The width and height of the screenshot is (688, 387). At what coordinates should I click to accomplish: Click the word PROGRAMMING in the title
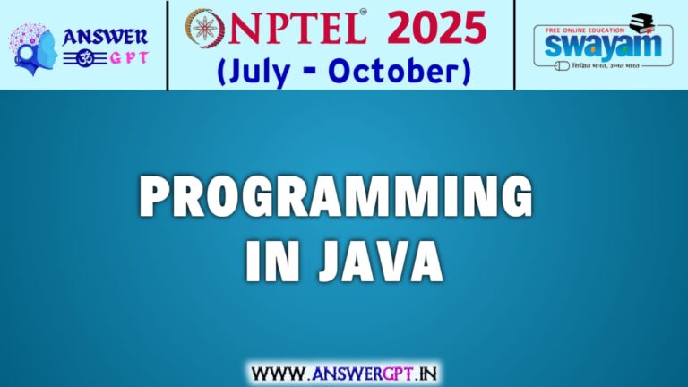click(335, 198)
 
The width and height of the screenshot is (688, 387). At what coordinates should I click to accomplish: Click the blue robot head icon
click(33, 47)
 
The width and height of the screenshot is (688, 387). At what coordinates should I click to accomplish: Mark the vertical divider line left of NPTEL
click(168, 45)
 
